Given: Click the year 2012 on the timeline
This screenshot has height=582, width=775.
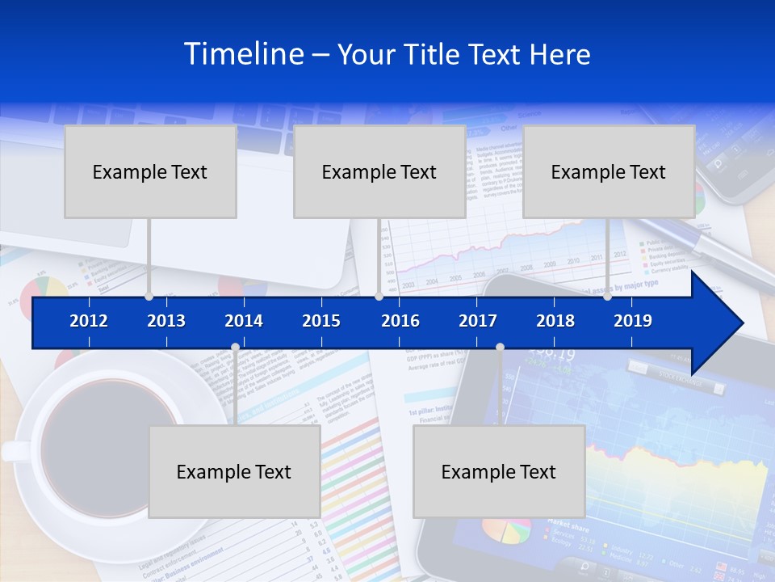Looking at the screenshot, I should pyautogui.click(x=89, y=321).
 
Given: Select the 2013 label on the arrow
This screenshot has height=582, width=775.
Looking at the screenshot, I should pyautogui.click(x=166, y=321).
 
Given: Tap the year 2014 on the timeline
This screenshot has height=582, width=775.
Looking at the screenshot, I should pyautogui.click(x=244, y=321).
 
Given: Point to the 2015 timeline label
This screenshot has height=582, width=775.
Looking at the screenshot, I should pyautogui.click(x=321, y=321).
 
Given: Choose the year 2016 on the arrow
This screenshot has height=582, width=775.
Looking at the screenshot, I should pyautogui.click(x=400, y=321).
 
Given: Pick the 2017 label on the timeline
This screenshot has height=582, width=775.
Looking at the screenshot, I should pyautogui.click(x=478, y=321).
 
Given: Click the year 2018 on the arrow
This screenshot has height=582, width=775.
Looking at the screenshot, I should pyautogui.click(x=555, y=321).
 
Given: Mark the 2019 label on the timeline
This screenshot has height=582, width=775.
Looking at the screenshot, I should pyautogui.click(x=633, y=321).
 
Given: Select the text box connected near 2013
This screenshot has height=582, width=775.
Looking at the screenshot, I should pyautogui.click(x=150, y=171).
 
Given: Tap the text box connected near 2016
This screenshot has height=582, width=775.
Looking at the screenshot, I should pyautogui.click(x=379, y=171).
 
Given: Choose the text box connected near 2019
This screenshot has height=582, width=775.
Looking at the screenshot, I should pyautogui.click(x=609, y=171).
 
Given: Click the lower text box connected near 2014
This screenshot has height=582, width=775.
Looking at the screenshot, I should pyautogui.click(x=234, y=471).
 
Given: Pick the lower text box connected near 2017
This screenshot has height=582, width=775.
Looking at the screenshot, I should pyautogui.click(x=499, y=471).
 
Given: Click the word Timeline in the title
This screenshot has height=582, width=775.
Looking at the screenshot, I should pyautogui.click(x=242, y=54).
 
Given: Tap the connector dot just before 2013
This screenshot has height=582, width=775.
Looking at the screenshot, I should pyautogui.click(x=149, y=297).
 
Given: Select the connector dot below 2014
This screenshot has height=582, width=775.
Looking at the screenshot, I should pyautogui.click(x=235, y=348).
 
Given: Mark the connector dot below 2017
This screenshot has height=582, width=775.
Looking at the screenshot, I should pyautogui.click(x=500, y=348).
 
